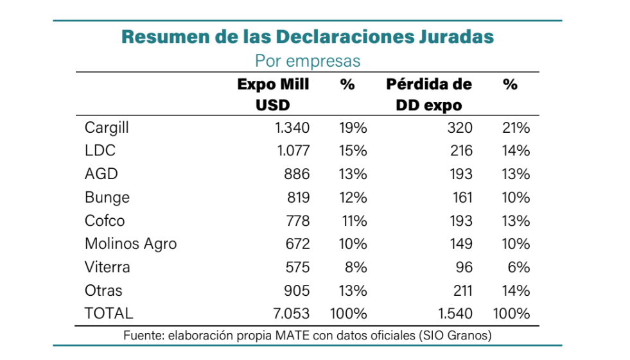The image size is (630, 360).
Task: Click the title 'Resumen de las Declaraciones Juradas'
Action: tap(308, 37)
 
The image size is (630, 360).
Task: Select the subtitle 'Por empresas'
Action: tap(308, 61)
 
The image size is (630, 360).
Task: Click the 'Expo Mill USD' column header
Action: tap(273, 94)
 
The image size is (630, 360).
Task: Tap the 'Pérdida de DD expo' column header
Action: tap(429, 94)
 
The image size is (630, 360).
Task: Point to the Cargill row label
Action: tap(107, 128)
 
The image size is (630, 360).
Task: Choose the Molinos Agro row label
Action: tap(130, 244)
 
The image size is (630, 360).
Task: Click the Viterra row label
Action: tap(107, 267)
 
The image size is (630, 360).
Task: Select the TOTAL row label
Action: tap(109, 313)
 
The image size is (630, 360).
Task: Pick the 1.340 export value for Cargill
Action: tap(292, 128)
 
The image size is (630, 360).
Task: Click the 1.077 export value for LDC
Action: tap(292, 151)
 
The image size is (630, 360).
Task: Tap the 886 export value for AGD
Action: tap(297, 174)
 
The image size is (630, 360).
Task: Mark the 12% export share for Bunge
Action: tap(353, 198)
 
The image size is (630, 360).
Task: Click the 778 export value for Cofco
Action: tap(297, 221)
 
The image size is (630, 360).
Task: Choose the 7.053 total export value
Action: tap(291, 313)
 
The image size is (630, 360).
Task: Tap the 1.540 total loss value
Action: tap(455, 313)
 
